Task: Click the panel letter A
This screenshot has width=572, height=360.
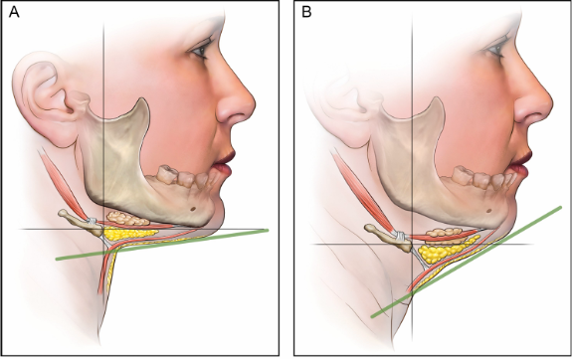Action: (x=14, y=12)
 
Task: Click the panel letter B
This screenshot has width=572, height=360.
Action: (x=306, y=12)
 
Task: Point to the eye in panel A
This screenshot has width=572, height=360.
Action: (x=200, y=50)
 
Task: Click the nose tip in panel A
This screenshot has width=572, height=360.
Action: (x=253, y=106)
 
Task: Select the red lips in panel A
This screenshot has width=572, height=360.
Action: (x=224, y=163)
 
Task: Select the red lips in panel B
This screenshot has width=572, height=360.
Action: (x=521, y=163)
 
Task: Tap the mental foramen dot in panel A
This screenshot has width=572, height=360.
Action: (x=192, y=209)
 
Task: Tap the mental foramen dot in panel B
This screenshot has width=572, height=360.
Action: (x=489, y=211)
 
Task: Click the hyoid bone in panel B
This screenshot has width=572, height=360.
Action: (x=388, y=238)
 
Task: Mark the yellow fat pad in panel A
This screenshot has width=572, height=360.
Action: (x=130, y=233)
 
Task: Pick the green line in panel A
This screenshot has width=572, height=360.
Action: (x=162, y=245)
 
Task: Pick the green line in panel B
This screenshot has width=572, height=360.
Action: (x=467, y=262)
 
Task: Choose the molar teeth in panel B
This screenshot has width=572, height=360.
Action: (x=474, y=177)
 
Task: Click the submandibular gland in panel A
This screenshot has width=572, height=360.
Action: (x=127, y=218)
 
